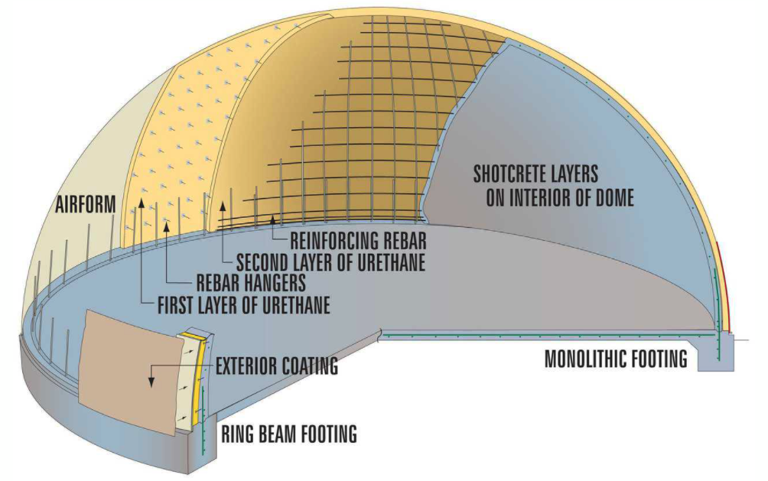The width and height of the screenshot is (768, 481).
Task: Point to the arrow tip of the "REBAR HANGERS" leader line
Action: point(168,222)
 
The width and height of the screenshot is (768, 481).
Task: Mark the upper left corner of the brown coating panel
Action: point(86,310)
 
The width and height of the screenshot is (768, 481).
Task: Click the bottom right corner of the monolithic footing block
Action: point(733,370)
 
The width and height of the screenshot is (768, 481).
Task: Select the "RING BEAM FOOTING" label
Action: point(289,434)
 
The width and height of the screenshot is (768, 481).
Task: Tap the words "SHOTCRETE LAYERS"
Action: point(535,174)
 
